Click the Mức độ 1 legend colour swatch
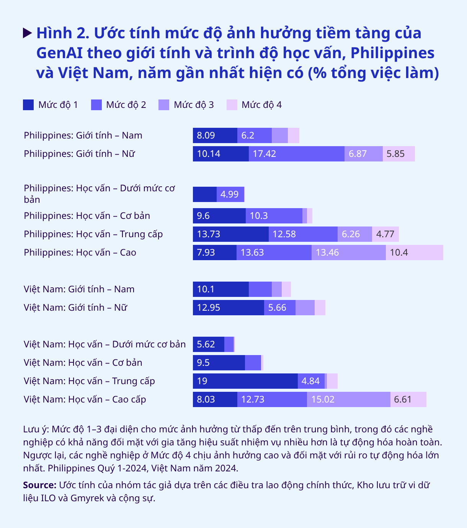(x=28, y=105)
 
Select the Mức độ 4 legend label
(x=261, y=105)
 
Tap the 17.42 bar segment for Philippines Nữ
(x=296, y=154)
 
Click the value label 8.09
(x=206, y=135)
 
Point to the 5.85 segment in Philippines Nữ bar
(x=398, y=154)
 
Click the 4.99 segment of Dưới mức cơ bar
(x=230, y=194)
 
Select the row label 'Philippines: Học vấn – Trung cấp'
(x=93, y=234)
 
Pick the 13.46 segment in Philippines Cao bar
(x=348, y=253)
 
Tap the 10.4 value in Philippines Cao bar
(x=399, y=253)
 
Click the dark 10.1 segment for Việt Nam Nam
(x=220, y=289)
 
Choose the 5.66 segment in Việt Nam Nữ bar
(x=279, y=308)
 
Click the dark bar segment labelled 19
(x=245, y=381)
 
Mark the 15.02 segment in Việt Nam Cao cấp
(x=348, y=399)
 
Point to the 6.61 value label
(x=403, y=399)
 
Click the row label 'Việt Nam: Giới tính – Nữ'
(x=75, y=308)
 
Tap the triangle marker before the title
(x=27, y=33)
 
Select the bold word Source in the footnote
(x=39, y=485)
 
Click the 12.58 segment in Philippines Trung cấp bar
(x=303, y=234)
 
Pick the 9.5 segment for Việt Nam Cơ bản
(x=219, y=363)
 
